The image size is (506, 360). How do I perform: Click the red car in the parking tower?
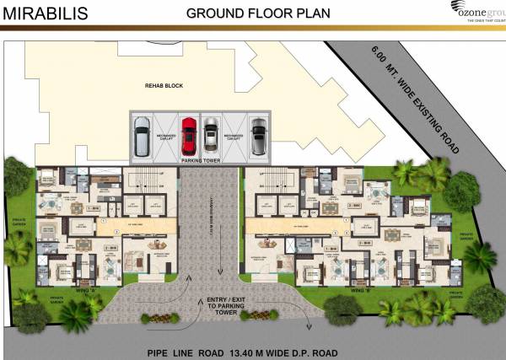188,133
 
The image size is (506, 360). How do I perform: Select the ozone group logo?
475,13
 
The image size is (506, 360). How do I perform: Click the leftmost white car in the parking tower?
142,135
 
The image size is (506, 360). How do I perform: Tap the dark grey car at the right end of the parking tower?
258,133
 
